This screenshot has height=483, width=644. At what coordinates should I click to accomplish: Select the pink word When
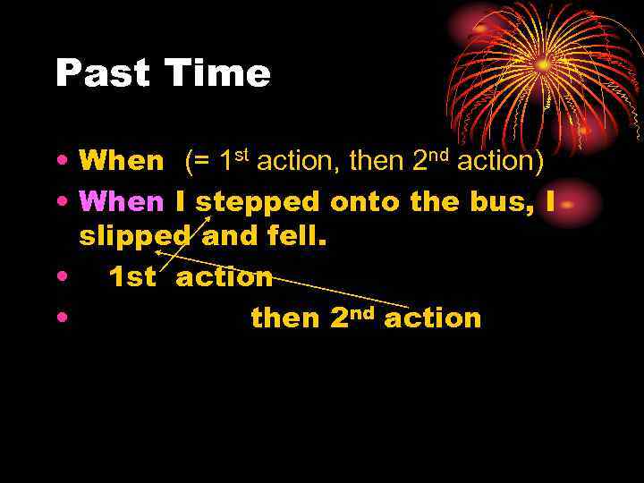122,202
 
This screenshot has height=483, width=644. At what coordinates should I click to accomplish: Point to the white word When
122,161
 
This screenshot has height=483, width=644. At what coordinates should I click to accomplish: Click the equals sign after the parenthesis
201,162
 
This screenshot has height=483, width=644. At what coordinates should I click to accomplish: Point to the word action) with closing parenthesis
500,161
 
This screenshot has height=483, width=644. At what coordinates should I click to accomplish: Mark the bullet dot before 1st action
60,277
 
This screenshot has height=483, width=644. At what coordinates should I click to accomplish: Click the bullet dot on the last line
60,318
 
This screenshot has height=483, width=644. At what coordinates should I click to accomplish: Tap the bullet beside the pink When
60,202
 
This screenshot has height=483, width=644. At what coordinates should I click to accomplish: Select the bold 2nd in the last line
351,317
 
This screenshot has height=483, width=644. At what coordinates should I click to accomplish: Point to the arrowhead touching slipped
160,254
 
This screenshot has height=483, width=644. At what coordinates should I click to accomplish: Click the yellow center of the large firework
544,64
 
